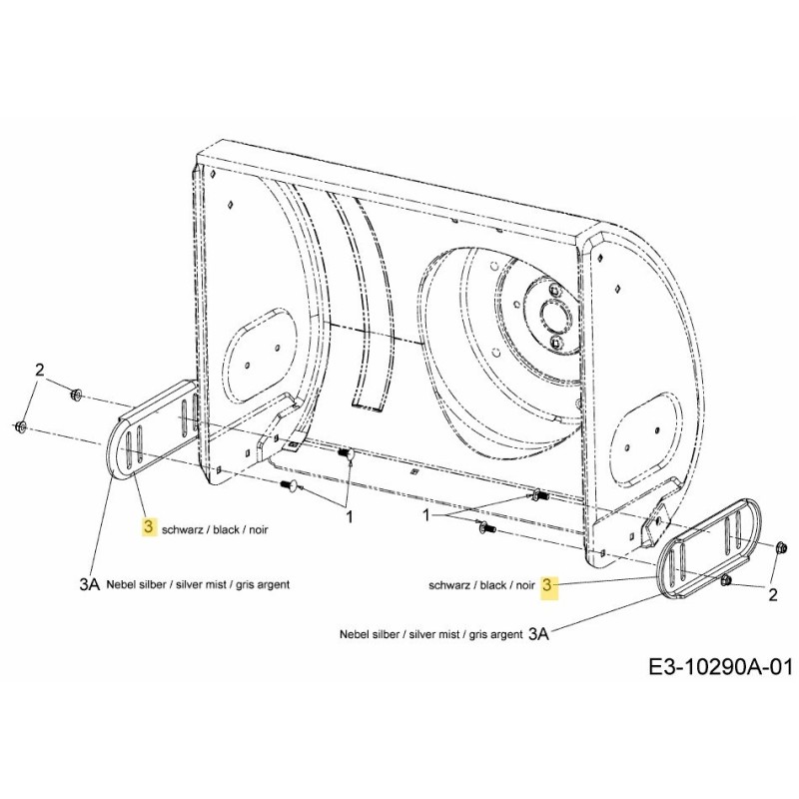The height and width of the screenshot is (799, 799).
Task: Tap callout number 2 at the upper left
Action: point(40,370)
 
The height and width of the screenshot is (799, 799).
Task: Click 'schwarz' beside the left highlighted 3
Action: point(181,528)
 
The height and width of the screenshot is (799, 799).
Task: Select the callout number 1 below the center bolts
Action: point(349,517)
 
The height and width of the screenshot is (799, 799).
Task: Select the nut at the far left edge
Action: point(21,428)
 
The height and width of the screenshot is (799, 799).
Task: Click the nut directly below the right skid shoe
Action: point(726,579)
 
